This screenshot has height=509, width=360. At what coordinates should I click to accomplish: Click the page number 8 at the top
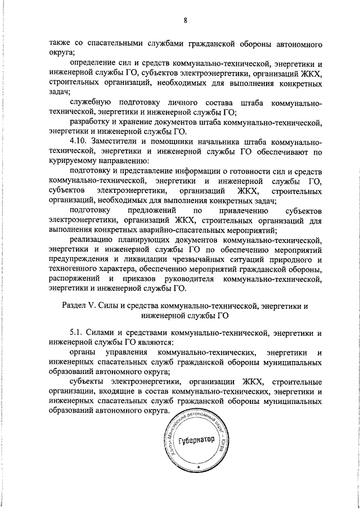185,21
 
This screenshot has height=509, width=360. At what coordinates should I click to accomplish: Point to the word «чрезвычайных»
211,260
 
